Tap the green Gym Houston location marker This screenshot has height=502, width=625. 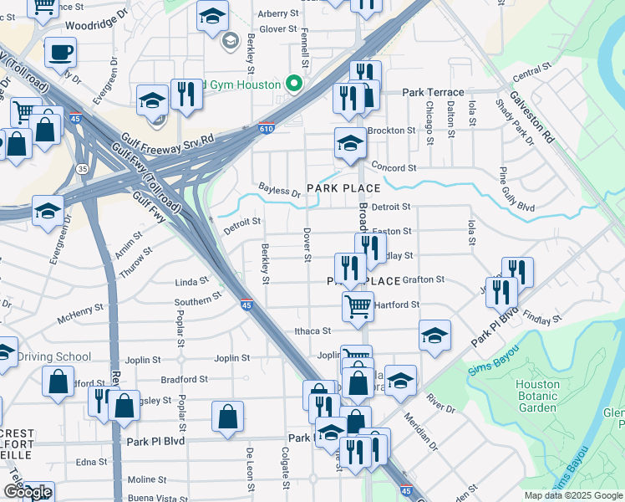click(x=293, y=84)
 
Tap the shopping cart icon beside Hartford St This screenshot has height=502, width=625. click(x=358, y=305)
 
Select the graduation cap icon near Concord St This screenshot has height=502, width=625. click(x=350, y=144)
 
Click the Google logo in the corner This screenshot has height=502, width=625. click(x=27, y=492)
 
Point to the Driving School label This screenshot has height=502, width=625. click(x=54, y=357)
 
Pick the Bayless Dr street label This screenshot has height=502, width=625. click(x=279, y=192)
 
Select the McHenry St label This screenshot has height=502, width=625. click(x=80, y=319)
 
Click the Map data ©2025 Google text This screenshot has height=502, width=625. click(x=573, y=495)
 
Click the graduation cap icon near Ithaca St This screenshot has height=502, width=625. click(x=434, y=336)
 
